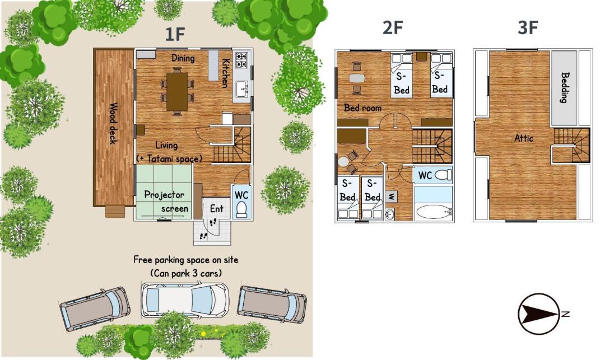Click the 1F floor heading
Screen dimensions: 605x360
click(x=175, y=34)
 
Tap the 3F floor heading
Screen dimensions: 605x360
click(x=528, y=28)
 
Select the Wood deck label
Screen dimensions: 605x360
click(x=113, y=123)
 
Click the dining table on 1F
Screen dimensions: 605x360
click(x=177, y=92)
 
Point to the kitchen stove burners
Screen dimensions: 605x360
click(x=241, y=59)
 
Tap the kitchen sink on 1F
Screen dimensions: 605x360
click(x=243, y=89)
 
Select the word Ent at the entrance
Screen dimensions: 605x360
click(x=216, y=208)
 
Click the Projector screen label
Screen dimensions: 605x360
click(x=166, y=201)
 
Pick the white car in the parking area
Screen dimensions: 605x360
click(x=184, y=300)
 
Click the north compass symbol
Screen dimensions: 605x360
click(x=539, y=314)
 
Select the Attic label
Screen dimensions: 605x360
click(x=524, y=138)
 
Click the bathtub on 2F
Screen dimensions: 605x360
click(x=434, y=212)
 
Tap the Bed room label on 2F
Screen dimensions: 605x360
click(x=362, y=107)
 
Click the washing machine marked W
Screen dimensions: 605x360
click(x=391, y=197)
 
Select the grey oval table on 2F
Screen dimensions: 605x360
click(x=356, y=78)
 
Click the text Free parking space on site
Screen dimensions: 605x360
click(x=185, y=260)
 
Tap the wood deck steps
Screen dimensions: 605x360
click(x=115, y=212)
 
